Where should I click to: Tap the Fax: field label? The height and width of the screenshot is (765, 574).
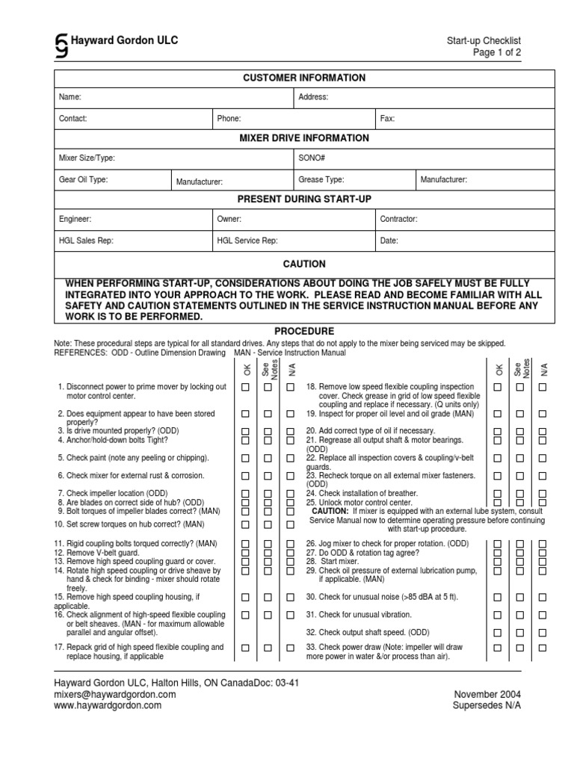pos(388,118)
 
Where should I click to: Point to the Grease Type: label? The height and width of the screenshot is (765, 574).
pos(321,179)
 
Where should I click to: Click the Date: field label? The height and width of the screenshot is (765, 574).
pos(389,241)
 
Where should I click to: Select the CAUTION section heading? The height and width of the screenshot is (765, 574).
pos(303,264)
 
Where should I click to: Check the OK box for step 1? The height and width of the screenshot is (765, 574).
pos(244,387)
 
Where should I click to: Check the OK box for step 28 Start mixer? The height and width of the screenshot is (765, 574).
pos(497,562)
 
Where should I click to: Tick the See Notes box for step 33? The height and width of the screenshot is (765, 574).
pos(519,648)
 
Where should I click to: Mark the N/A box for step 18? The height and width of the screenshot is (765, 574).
pos(543,387)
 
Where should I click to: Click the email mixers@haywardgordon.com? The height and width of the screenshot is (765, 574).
pos(114,694)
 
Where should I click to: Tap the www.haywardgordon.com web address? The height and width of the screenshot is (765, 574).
pos(108,704)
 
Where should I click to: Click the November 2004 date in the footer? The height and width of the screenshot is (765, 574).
pos(487,694)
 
